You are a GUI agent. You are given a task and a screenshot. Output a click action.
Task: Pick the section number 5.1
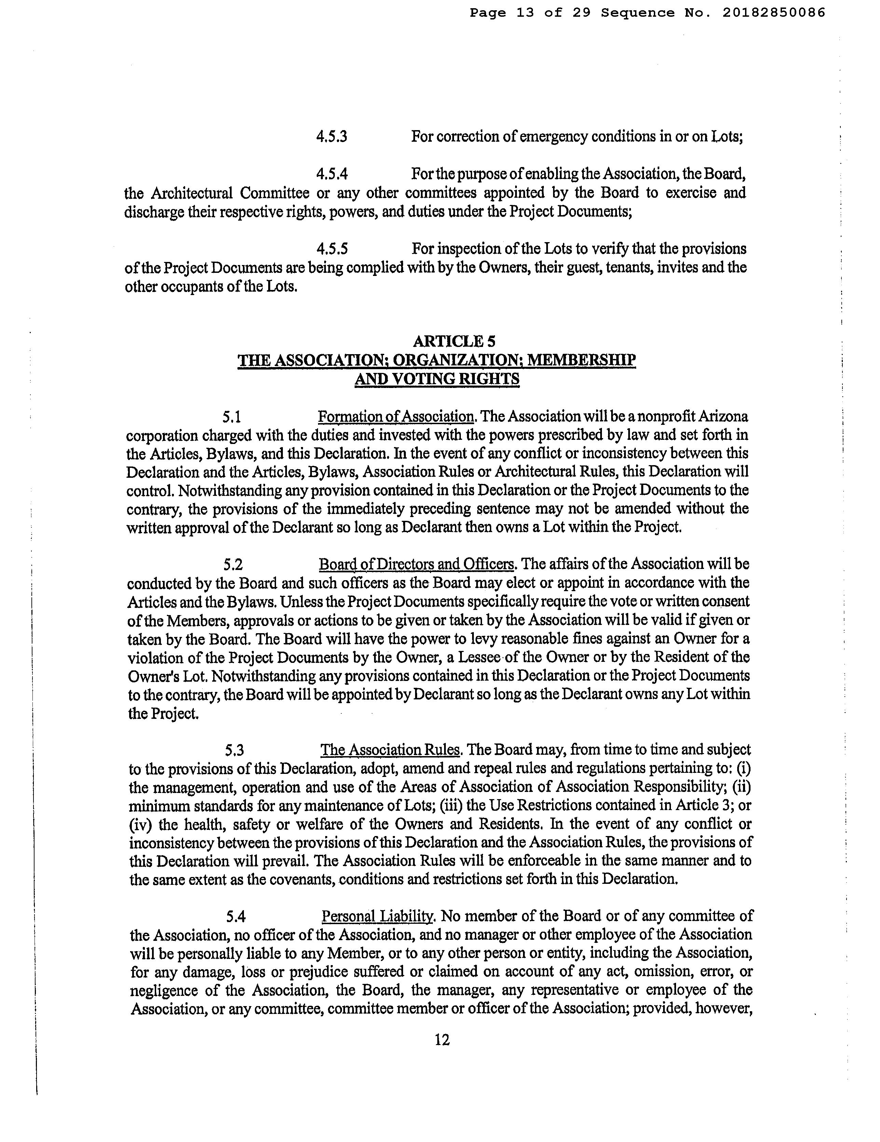click(x=231, y=417)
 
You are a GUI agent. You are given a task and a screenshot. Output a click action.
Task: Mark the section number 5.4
click(x=236, y=916)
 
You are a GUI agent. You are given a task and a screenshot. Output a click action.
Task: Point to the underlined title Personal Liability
click(x=378, y=916)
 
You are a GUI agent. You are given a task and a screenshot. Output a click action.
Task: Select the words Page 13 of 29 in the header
click(x=530, y=13)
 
